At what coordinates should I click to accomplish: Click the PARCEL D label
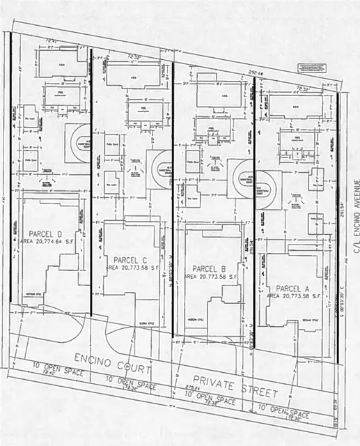pyautogui.click(x=46, y=233)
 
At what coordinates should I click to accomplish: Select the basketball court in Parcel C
pyautogui.click(x=159, y=165)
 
